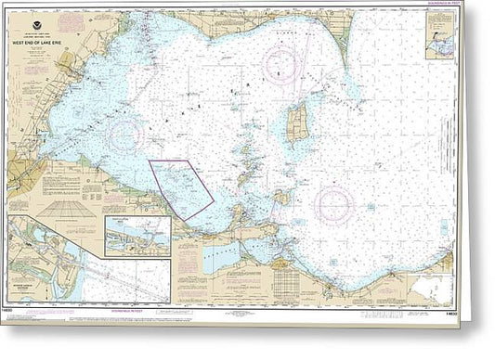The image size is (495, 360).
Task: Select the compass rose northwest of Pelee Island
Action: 280,63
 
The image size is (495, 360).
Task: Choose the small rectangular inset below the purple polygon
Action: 137,236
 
